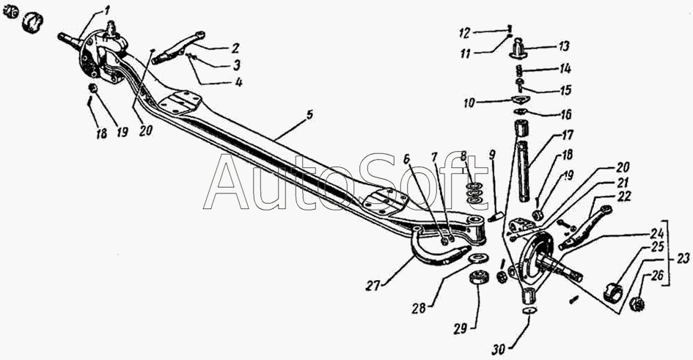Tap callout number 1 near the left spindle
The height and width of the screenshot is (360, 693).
click(x=106, y=10)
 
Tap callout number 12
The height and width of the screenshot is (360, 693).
click(x=463, y=32)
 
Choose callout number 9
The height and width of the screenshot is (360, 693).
click(x=492, y=155)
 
